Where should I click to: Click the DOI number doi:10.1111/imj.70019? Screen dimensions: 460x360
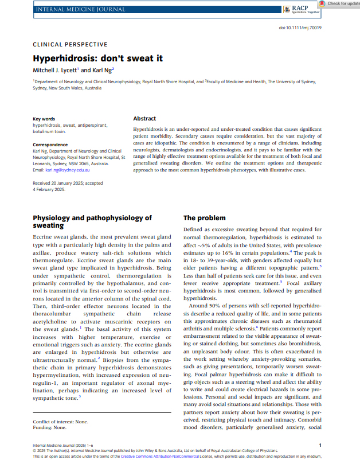coord(300,28)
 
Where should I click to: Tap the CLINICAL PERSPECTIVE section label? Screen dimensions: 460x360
coord(70,44)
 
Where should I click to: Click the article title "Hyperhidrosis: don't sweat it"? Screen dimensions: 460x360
coord(97,58)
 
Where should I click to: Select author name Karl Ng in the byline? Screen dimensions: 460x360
coord(103,70)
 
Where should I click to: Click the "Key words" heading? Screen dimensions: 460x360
coord(44,119)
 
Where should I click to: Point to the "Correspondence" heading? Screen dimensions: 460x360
coord(50,145)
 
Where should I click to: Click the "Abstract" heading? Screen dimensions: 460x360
coord(144,118)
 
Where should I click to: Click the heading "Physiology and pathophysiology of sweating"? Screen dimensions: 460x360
coord(92,221)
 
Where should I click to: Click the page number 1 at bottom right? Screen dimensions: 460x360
coord(320,445)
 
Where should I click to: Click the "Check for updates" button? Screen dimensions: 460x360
coord(340,3)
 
